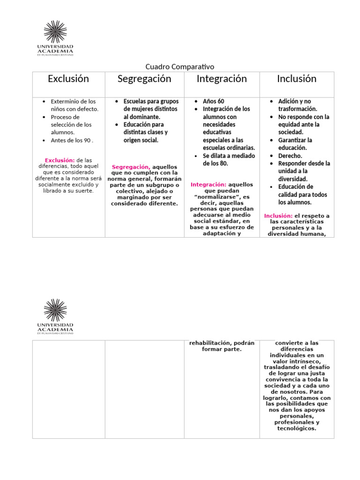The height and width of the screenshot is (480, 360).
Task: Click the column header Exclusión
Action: point(68,79)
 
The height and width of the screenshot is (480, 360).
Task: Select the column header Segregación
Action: point(144,79)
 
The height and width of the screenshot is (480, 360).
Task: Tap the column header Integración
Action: point(222,79)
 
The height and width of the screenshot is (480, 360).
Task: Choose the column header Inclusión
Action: point(297,79)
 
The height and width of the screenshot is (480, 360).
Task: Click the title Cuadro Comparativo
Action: point(180,67)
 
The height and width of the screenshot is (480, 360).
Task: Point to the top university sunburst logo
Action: point(55,32)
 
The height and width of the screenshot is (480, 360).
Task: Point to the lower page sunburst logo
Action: point(55,310)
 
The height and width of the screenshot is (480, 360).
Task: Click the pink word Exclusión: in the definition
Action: point(60,160)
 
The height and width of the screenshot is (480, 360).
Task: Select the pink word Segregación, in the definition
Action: point(131,167)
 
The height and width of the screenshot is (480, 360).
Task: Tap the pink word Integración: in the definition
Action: point(209,185)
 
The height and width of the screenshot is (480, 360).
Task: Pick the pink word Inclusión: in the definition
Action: point(278,216)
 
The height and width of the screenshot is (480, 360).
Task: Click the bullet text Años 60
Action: point(213,101)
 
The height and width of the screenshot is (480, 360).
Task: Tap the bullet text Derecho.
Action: point(290,156)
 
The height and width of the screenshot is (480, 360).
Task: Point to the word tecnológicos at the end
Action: point(297,428)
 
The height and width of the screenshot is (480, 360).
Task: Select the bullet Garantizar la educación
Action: point(295,144)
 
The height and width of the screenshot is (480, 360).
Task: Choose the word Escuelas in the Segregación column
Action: point(136,101)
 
